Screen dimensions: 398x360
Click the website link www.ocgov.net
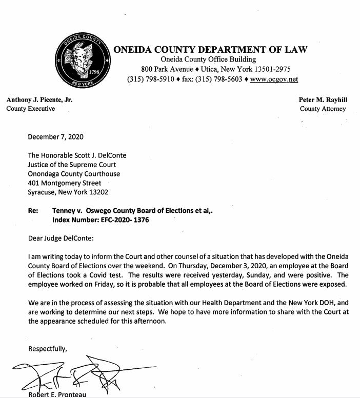pyautogui.click(x=274, y=79)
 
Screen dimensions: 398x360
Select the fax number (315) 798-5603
pyautogui.click(x=222, y=79)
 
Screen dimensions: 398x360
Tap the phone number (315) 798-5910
pyautogui.click(x=151, y=79)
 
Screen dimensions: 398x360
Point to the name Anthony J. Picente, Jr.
pyautogui.click(x=39, y=99)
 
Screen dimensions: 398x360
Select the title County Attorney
pyautogui.click(x=323, y=109)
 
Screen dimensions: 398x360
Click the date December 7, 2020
pyautogui.click(x=55, y=137)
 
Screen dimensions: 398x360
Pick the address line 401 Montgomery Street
pyautogui.click(x=64, y=183)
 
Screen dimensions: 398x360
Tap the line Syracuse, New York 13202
pyautogui.click(x=68, y=192)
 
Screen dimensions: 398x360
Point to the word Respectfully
pyautogui.click(x=47, y=349)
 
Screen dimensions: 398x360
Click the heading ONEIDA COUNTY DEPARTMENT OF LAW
pyautogui.click(x=210, y=50)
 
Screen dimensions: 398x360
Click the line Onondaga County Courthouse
pyautogui.click(x=74, y=174)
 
